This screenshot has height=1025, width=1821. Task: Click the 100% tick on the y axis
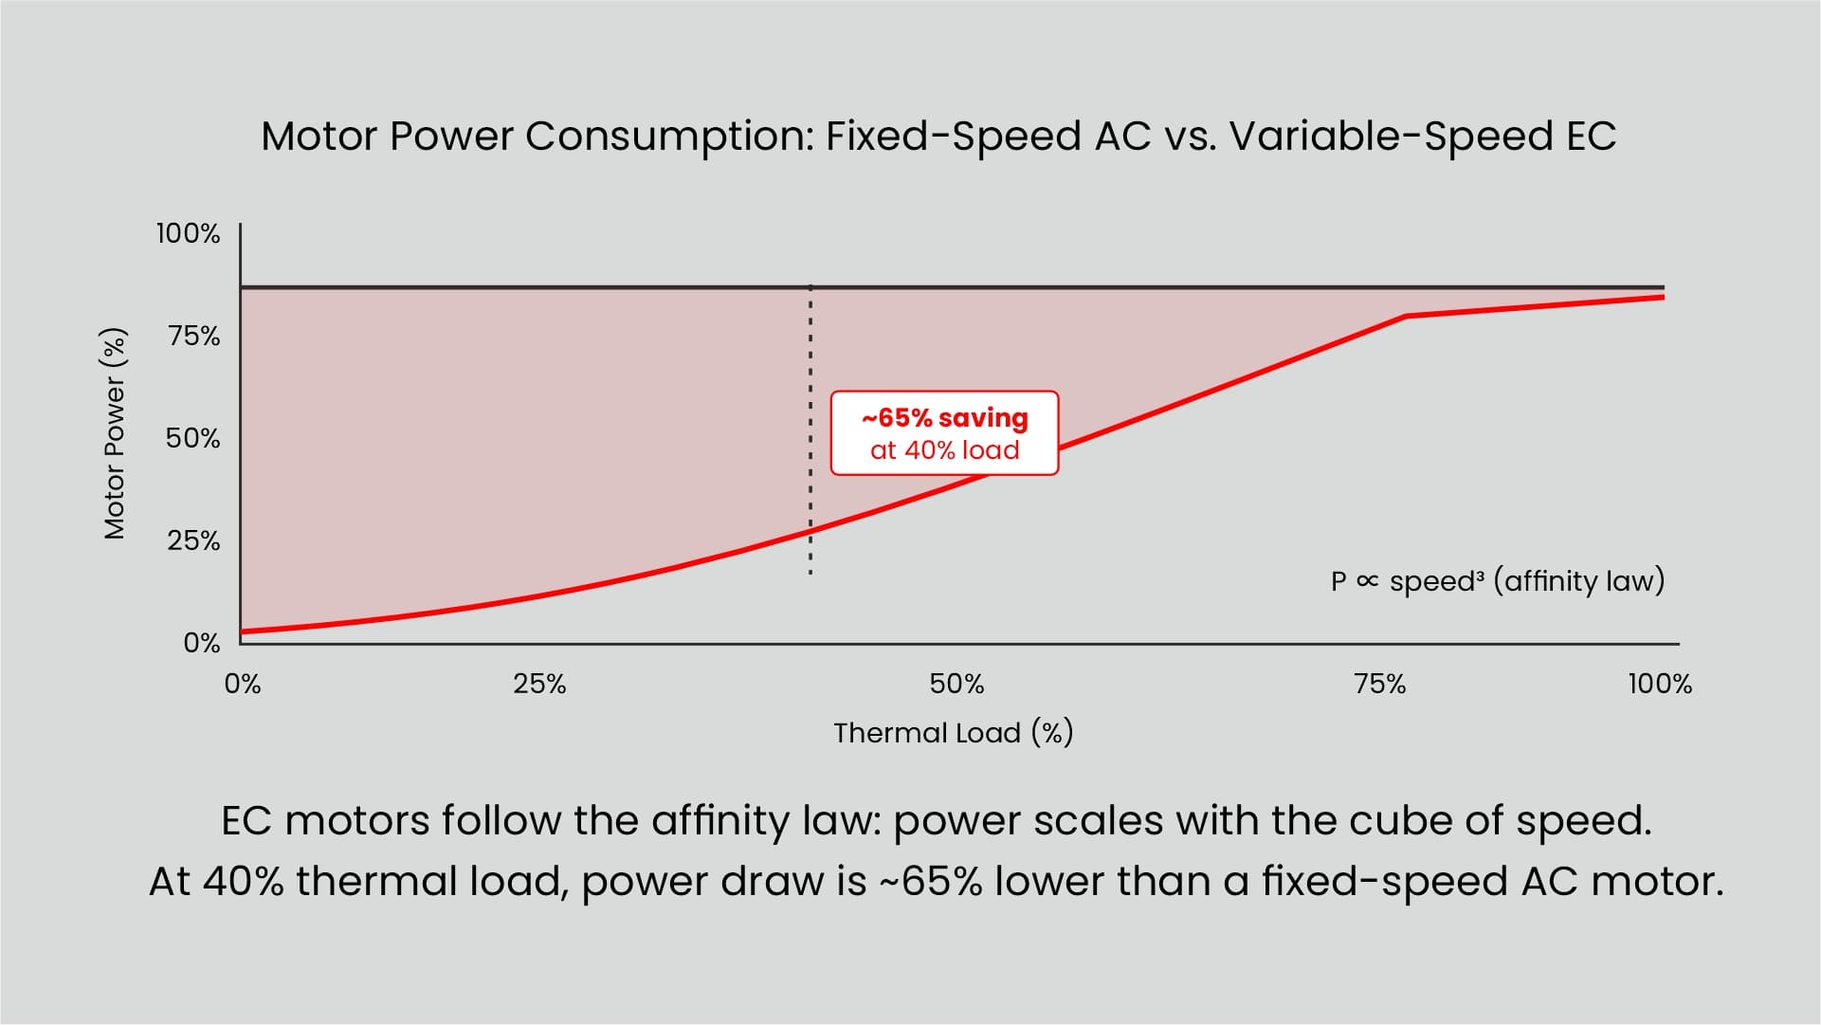click(x=188, y=233)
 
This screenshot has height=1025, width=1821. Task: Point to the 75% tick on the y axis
click(x=193, y=336)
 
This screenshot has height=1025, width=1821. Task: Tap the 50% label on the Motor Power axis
click(x=192, y=438)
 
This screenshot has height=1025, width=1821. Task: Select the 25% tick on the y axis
click(x=193, y=540)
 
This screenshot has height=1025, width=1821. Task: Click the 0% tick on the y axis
click(x=201, y=643)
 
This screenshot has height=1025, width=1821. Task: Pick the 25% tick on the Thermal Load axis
click(x=539, y=684)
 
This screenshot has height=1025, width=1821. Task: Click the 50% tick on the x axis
click(x=956, y=684)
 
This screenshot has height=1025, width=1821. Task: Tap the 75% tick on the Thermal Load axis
click(x=1380, y=684)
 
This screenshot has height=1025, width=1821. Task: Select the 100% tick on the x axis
click(x=1660, y=684)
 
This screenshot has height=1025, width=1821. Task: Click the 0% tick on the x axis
click(x=243, y=684)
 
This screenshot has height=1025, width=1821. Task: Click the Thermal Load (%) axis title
click(x=953, y=733)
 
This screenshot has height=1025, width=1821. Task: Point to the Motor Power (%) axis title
click(x=115, y=433)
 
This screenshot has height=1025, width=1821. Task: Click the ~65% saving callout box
click(x=944, y=433)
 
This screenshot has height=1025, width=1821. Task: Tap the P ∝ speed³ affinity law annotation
click(x=1497, y=581)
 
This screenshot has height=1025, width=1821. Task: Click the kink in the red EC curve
click(x=1406, y=317)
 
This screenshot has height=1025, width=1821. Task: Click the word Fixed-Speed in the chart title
click(x=954, y=137)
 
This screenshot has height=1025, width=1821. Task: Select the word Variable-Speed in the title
click(x=1390, y=137)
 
